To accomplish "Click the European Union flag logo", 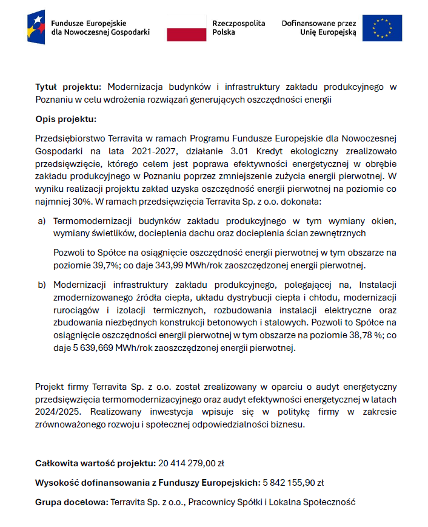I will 382,28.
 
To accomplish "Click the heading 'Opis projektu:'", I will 66,119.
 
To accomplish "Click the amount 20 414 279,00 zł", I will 192,463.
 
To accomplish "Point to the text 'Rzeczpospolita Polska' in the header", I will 238,28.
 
